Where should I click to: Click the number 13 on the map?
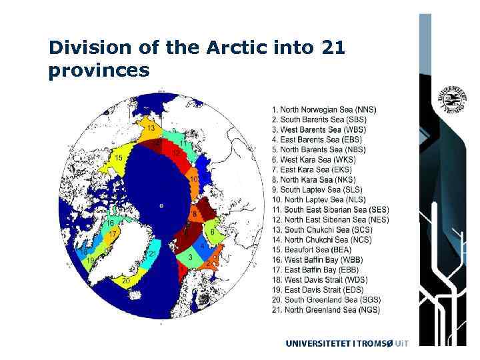point(151,128)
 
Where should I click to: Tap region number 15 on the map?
point(119,158)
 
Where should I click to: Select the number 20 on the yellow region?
point(125,281)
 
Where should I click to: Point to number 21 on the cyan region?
point(153,254)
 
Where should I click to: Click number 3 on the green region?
point(191,257)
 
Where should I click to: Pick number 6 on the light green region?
point(213,232)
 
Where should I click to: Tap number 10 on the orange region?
point(193,179)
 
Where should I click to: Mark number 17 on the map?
point(113,234)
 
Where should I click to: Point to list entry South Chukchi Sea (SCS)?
point(321,229)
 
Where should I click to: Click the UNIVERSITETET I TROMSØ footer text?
point(347,343)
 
